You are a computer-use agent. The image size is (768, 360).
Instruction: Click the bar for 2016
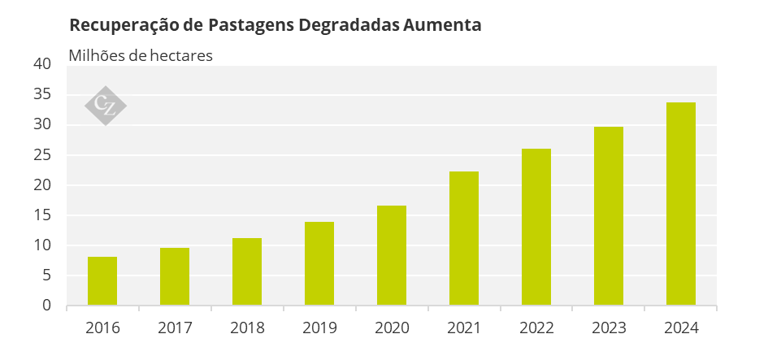click(x=102, y=280)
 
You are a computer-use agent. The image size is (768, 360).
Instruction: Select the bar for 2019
click(x=319, y=263)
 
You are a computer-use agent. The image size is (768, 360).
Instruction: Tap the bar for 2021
click(x=464, y=238)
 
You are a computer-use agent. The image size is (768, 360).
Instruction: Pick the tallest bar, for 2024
click(x=681, y=204)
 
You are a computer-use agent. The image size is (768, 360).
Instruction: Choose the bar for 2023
click(x=609, y=216)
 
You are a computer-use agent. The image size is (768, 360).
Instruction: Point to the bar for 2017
click(x=175, y=276)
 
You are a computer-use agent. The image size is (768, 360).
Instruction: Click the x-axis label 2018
click(x=247, y=327)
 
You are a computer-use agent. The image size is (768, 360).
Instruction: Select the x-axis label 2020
click(x=392, y=327)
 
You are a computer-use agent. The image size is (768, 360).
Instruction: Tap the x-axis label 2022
click(x=536, y=327)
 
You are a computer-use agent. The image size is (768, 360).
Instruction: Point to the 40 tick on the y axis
click(x=42, y=64)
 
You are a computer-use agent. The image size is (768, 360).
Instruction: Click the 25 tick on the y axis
click(x=42, y=154)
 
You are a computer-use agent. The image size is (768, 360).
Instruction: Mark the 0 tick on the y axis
click(x=46, y=305)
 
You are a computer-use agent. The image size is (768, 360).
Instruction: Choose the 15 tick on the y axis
click(x=42, y=215)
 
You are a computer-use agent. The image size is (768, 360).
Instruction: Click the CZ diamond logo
click(x=106, y=106)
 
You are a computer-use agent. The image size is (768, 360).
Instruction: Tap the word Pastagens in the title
click(x=251, y=25)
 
